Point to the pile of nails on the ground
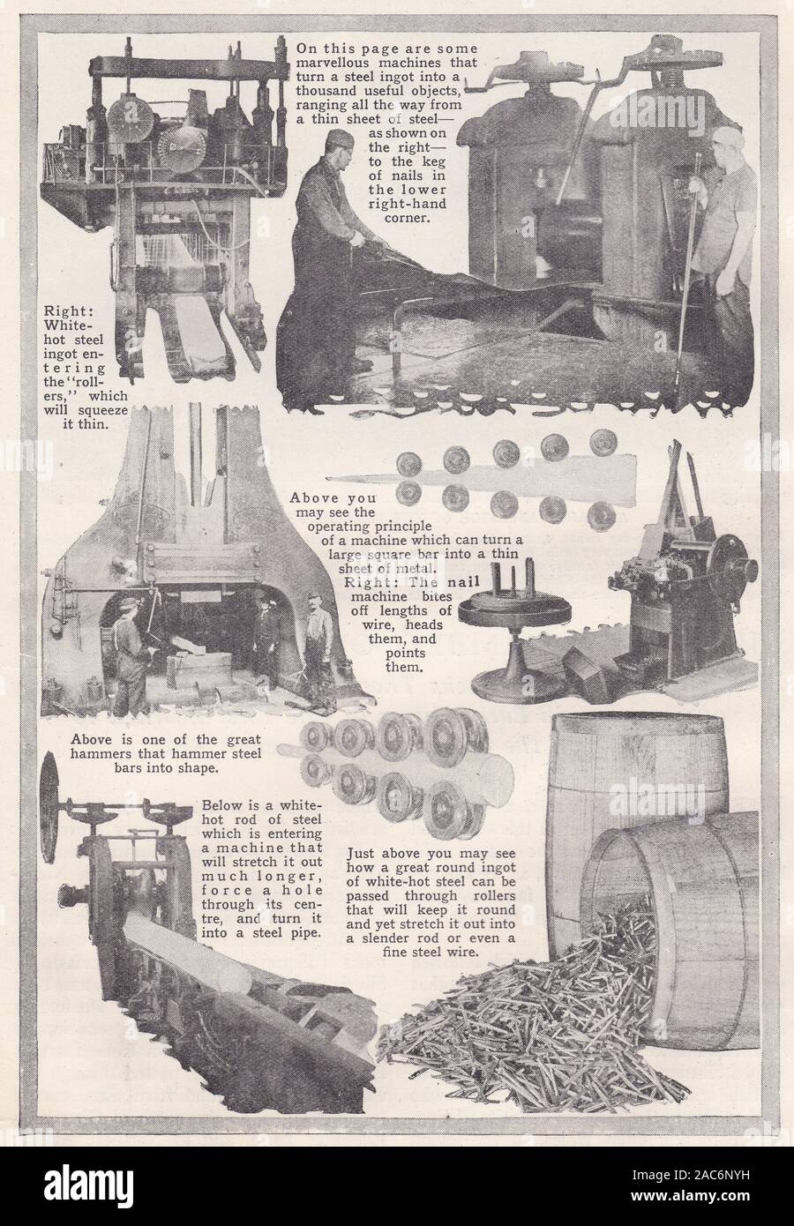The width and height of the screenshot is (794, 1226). point(529,1041)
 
